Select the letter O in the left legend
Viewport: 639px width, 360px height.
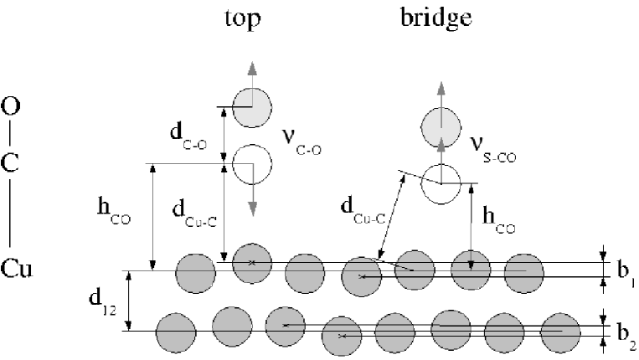click(12, 107)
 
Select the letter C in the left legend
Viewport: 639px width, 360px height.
click(12, 164)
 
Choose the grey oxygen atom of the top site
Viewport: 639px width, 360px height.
click(252, 107)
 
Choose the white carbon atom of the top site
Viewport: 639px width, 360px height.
click(252, 164)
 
